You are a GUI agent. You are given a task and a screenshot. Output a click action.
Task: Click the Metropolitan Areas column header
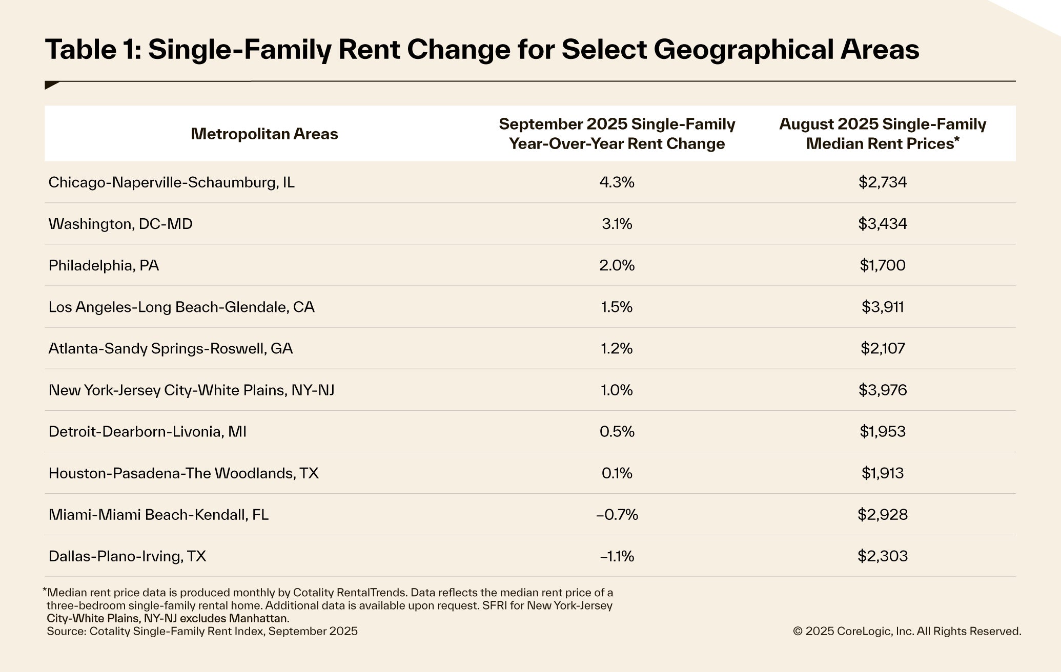[264, 134]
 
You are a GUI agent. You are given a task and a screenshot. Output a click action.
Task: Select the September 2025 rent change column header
[617, 134]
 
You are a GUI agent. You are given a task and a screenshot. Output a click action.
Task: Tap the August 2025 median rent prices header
[882, 134]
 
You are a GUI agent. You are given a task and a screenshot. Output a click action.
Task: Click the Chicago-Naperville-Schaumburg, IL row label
[171, 182]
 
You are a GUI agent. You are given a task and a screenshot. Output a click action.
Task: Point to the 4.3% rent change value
[617, 182]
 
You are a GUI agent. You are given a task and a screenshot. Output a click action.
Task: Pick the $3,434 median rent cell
[882, 224]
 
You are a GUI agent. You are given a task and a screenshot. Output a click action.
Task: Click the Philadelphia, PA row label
[104, 265]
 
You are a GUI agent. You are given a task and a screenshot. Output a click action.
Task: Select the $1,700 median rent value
[882, 265]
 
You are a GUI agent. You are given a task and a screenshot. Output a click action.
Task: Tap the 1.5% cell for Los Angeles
[617, 307]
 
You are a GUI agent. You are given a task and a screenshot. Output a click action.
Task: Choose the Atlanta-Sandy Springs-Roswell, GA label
[170, 348]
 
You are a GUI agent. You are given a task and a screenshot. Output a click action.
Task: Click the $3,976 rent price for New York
[882, 390]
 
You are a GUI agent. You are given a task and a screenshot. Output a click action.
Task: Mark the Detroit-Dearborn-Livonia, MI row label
[147, 432]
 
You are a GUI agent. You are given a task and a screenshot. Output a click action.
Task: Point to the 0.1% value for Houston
[617, 473]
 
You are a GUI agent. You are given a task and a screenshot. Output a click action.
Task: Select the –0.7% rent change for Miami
[617, 515]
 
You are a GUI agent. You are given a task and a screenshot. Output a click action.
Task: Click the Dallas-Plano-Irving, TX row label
[127, 556]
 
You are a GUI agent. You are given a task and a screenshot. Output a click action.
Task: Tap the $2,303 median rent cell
[882, 556]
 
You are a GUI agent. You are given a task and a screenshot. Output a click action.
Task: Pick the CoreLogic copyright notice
[907, 632]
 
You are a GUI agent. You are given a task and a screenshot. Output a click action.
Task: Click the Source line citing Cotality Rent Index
[202, 631]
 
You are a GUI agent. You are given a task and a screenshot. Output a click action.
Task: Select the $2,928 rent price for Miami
[882, 515]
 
